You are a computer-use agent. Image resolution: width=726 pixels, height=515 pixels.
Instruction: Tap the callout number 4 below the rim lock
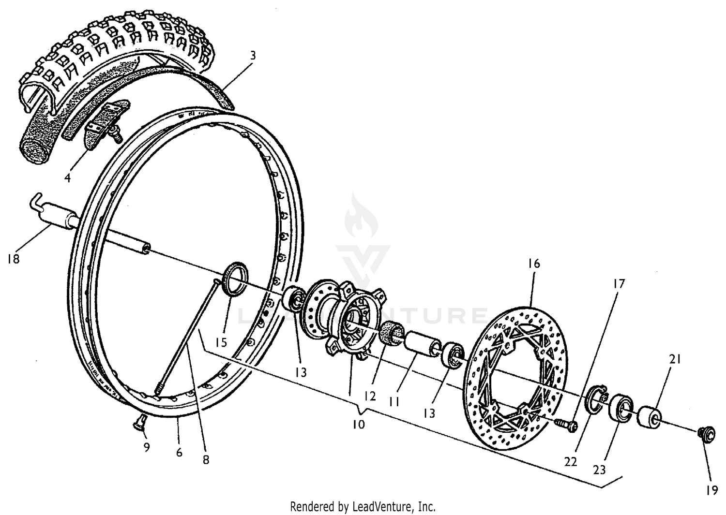[68, 178]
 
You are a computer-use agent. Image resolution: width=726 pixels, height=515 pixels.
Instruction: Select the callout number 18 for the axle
[14, 259]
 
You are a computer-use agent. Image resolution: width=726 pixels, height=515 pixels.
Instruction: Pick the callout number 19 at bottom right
[711, 490]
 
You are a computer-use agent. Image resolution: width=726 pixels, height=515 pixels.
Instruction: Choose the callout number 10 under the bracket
[358, 424]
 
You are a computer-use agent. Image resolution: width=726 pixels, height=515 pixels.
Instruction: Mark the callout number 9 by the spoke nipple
[146, 447]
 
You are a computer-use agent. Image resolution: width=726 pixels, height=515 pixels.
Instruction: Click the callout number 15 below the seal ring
[221, 342]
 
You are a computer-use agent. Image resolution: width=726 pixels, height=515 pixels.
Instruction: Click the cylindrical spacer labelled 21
[650, 417]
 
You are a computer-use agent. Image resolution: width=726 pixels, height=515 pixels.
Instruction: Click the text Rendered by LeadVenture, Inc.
[363, 506]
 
